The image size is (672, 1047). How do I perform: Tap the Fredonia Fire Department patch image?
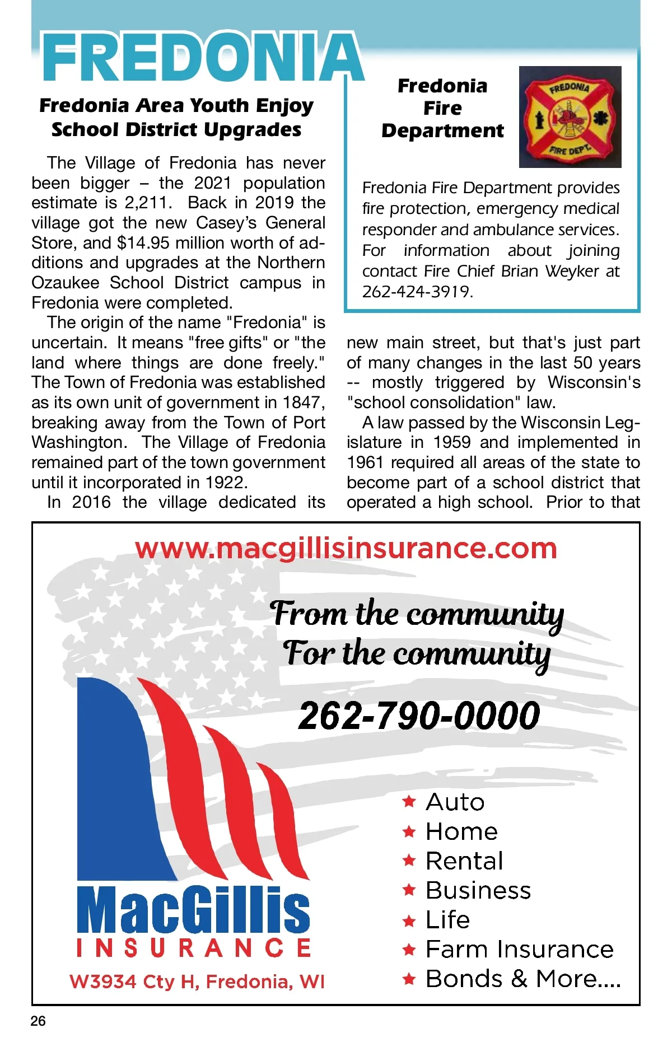point(570,117)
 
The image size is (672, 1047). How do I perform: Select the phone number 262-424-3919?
point(417,292)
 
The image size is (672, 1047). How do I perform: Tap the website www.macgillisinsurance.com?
point(346,548)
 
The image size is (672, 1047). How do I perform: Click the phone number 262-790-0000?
point(419,716)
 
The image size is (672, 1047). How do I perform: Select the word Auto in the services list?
point(455,802)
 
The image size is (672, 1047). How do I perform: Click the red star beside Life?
point(409,920)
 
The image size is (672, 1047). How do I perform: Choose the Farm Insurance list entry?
point(519,949)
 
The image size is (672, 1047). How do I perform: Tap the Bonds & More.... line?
point(523,979)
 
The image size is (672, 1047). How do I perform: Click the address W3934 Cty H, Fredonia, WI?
point(197,981)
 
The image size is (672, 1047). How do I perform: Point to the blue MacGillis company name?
point(193,910)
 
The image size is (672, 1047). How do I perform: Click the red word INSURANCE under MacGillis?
point(193,948)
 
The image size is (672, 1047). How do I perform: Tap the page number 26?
point(38,1021)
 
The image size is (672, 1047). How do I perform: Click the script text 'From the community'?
point(417,614)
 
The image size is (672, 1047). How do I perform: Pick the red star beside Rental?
point(409,861)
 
